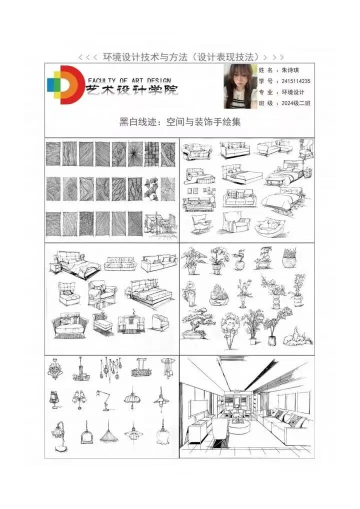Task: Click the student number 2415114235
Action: point(295,81)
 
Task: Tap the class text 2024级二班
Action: point(295,103)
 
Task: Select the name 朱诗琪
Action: point(290,70)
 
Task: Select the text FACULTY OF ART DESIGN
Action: point(129,80)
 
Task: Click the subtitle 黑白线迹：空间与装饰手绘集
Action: point(180,122)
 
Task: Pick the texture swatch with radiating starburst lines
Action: point(135,154)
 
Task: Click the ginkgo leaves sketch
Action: point(151,189)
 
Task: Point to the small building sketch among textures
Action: point(160,225)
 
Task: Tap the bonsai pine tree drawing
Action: point(196,324)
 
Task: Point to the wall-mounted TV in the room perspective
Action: point(198,408)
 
